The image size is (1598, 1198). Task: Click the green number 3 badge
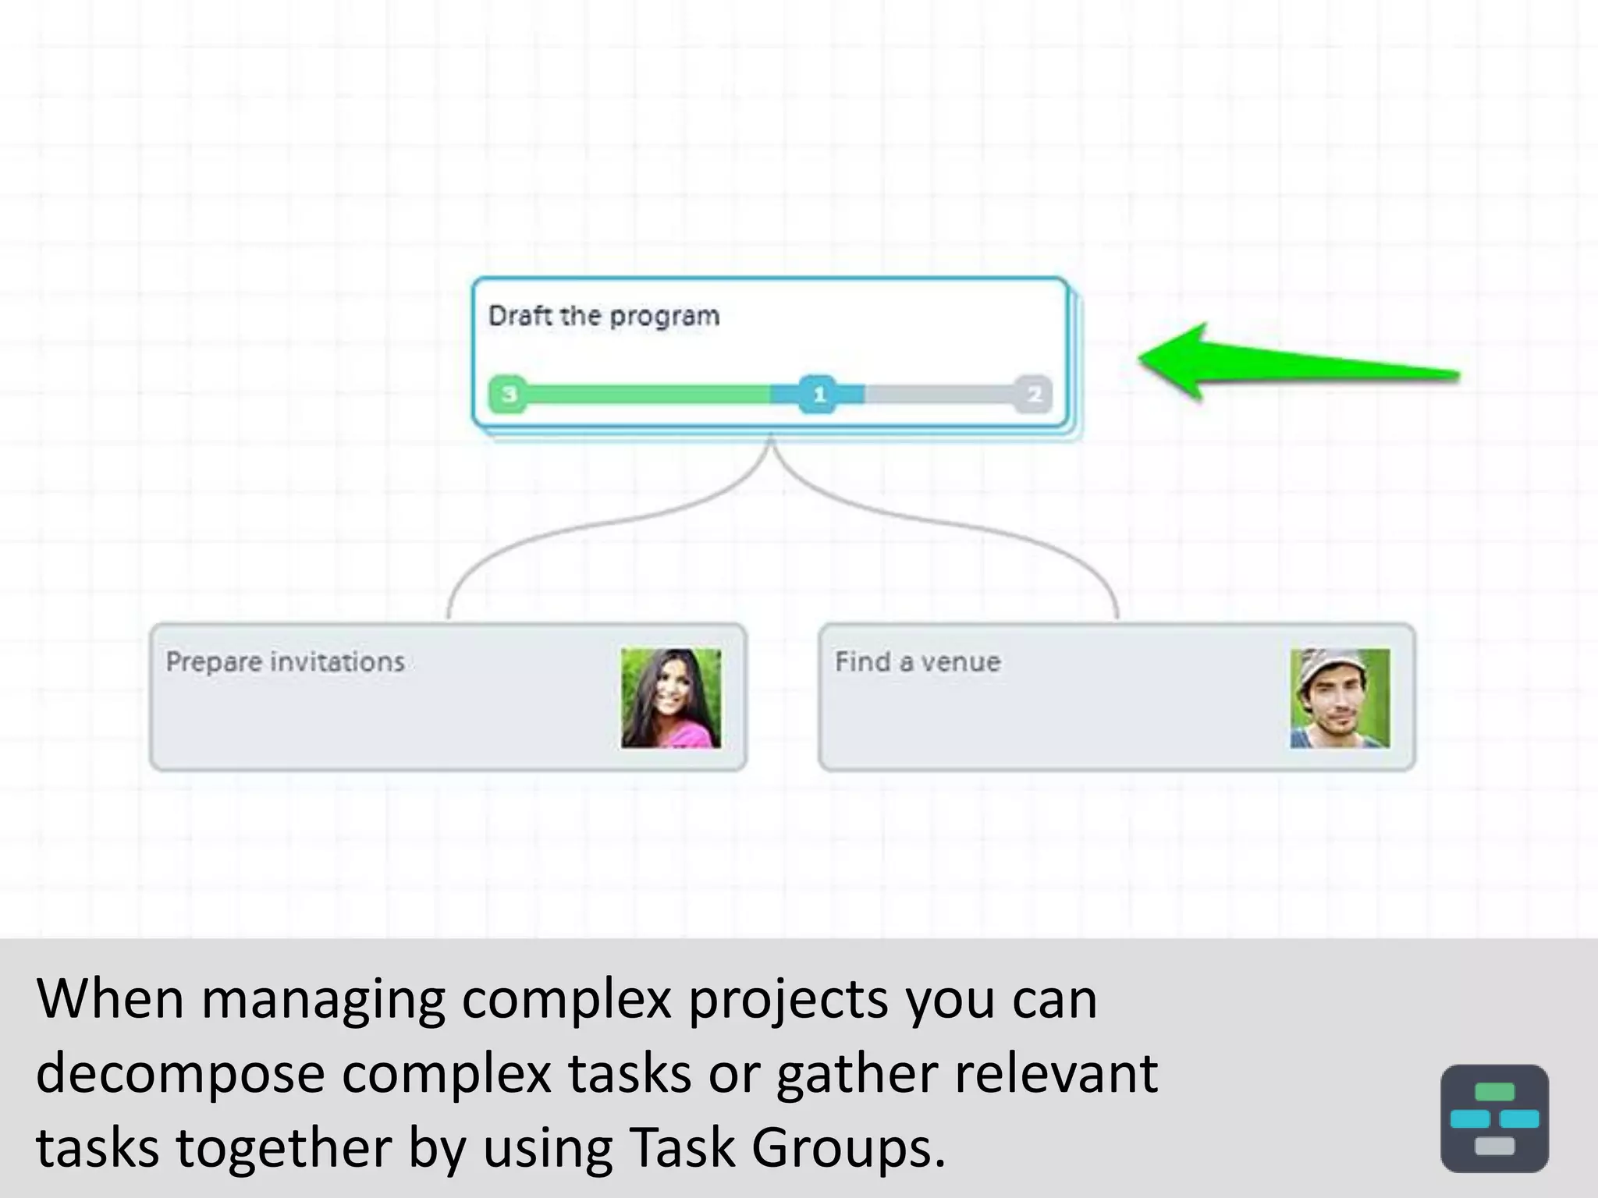click(508, 394)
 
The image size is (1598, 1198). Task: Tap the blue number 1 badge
click(819, 394)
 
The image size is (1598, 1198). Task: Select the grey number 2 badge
click(1034, 394)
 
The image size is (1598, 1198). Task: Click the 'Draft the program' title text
click(604, 316)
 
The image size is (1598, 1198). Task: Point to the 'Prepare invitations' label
click(285, 662)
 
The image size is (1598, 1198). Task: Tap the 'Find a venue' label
click(918, 662)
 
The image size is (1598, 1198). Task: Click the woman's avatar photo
click(671, 698)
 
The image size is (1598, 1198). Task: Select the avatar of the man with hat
click(1340, 698)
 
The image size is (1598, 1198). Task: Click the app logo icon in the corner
click(1494, 1118)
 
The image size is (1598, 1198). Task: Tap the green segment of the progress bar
click(648, 394)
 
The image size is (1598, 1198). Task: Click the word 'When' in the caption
click(110, 998)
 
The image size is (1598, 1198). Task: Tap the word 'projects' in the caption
click(787, 1000)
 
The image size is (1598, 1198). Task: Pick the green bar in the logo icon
click(1494, 1092)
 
